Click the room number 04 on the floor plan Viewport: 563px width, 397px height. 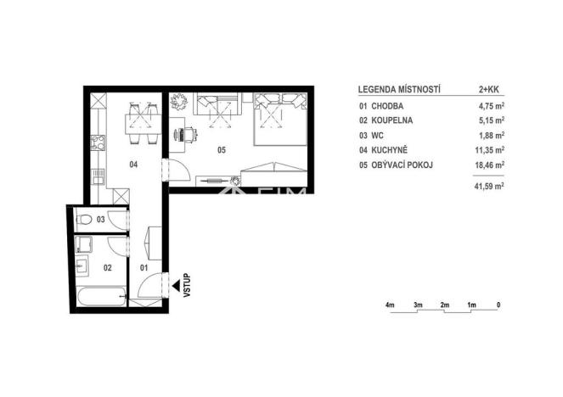pyautogui.click(x=132, y=165)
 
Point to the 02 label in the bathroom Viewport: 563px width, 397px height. pyautogui.click(x=108, y=266)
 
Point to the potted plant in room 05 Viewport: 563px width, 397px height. pyautogui.click(x=178, y=103)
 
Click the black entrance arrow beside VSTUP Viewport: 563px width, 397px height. pyautogui.click(x=174, y=287)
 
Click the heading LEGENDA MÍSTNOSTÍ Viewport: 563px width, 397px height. pyautogui.click(x=397, y=88)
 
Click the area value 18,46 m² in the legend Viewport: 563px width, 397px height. pyautogui.click(x=488, y=165)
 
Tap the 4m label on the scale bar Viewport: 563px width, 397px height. pyautogui.click(x=390, y=304)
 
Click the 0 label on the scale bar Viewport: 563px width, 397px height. pyautogui.click(x=498, y=304)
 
